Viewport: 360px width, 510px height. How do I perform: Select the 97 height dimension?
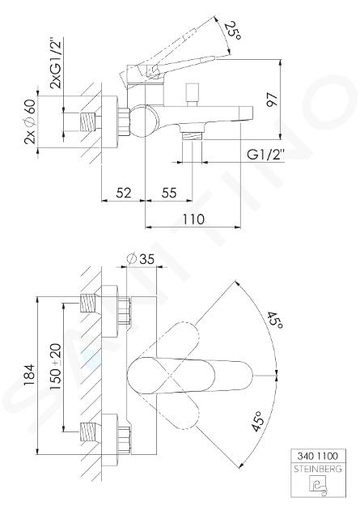click(272, 100)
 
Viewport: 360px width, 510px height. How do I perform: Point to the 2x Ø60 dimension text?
click(30, 121)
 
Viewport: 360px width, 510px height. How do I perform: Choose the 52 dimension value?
click(124, 193)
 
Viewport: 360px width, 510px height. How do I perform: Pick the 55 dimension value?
click(169, 193)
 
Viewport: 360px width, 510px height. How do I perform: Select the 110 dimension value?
click(193, 219)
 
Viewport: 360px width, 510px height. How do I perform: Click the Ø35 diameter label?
click(141, 259)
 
